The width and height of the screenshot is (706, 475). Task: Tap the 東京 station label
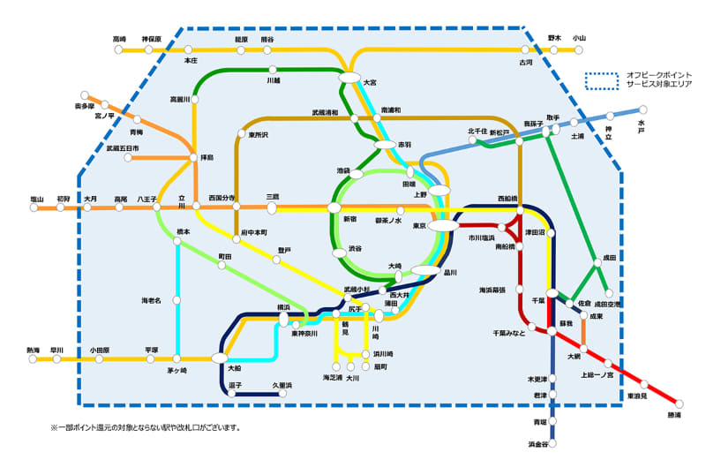[x=420, y=226]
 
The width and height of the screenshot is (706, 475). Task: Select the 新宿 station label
[x=349, y=218]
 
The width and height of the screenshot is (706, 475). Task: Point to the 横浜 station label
[x=283, y=307]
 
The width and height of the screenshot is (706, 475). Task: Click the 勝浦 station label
[x=674, y=415]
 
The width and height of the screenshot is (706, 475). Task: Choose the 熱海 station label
[x=34, y=350]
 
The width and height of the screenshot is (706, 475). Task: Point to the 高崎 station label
[x=120, y=39]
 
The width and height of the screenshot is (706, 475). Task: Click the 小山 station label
[x=579, y=38]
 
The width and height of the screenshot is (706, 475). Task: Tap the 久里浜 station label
[x=282, y=385]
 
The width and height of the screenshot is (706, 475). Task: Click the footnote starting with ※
[x=146, y=428]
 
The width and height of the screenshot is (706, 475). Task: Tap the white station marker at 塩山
[x=36, y=209]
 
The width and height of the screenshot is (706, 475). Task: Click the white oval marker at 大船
[x=219, y=358]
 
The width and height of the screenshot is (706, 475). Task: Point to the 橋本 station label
[x=183, y=231]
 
